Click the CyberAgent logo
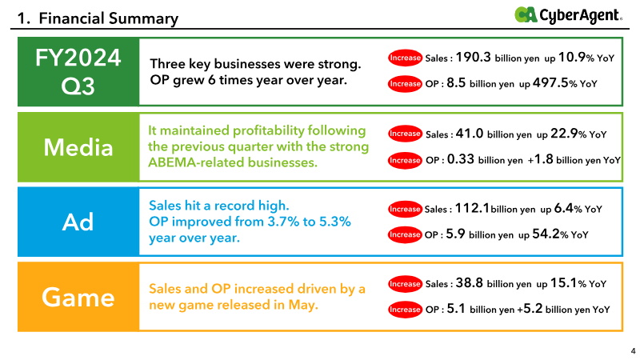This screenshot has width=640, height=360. coord(568,15)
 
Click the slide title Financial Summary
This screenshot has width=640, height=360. coord(98,18)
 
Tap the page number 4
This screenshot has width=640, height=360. coord(633,350)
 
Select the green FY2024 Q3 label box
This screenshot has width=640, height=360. coord(78,71)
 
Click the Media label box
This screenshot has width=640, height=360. coord(78,147)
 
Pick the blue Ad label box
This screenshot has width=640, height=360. coord(78,222)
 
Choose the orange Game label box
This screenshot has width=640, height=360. coord(78,297)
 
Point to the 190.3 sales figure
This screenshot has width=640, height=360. coord(473,57)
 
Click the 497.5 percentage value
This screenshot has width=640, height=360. coord(550,83)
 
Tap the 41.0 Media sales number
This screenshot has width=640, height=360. coord(470,134)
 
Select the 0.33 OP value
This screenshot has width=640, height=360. coord(461,159)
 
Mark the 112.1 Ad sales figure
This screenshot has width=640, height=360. coord(472,208)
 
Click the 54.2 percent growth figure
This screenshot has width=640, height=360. coord(546,234)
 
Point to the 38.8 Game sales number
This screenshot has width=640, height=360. coord(470,283)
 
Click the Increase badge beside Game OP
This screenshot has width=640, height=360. coord(405,310)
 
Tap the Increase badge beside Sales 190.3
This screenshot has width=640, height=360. coord(405,58)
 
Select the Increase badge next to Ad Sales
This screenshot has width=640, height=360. coord(405,209)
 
